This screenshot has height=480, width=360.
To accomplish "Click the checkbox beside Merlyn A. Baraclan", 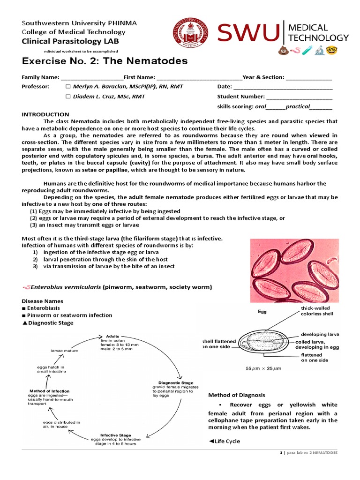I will (68, 87).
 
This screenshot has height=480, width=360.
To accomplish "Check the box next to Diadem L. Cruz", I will (68, 97).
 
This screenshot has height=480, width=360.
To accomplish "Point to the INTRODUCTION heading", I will (45, 114).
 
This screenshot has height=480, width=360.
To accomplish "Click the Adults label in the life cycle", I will (112, 336).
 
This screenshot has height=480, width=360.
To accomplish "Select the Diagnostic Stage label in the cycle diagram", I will (169, 382).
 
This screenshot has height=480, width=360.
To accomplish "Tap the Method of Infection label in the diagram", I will (49, 391).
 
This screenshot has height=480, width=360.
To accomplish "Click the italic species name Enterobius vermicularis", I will (67, 287).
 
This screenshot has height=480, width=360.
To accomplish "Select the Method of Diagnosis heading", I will (237, 395).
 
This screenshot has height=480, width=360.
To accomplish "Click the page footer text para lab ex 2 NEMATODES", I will (310, 453).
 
